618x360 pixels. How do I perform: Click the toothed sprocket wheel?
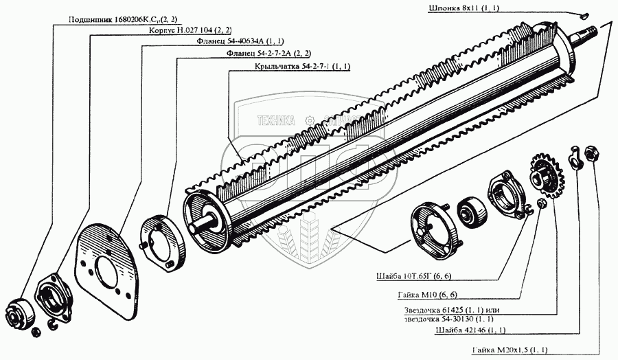pos(546,176)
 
